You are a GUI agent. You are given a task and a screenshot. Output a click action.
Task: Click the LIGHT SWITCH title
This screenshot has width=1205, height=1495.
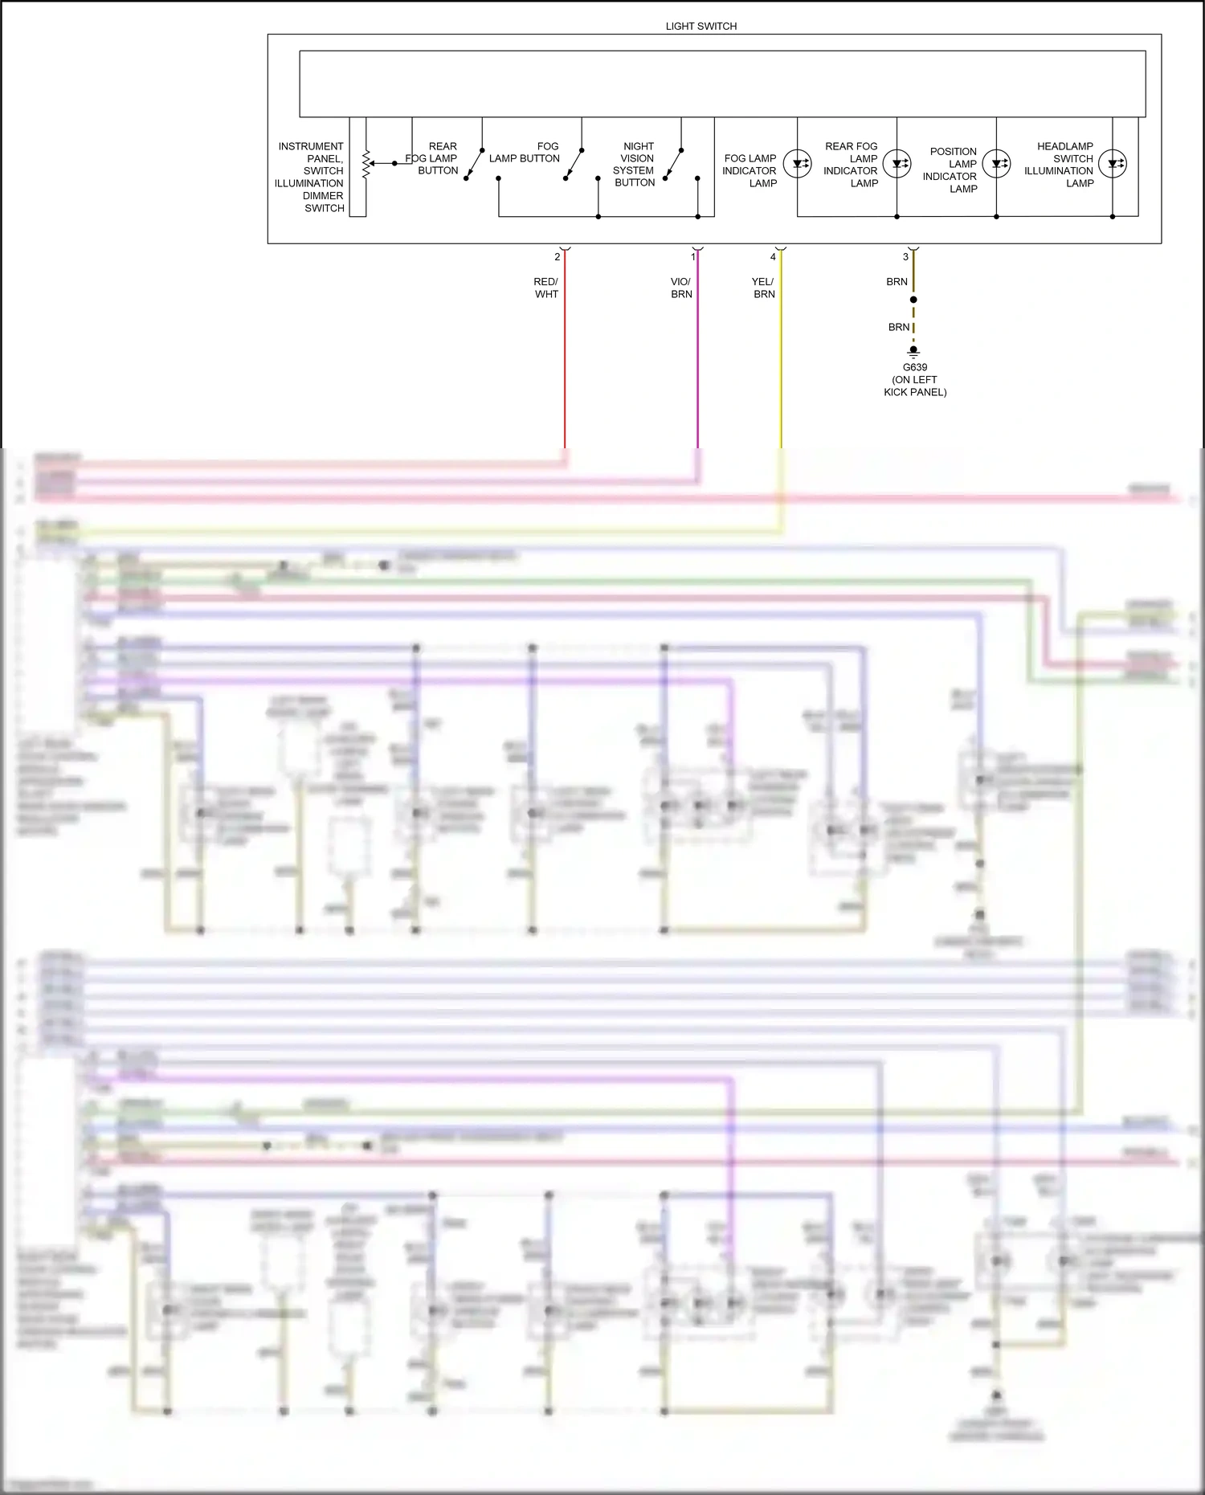pyautogui.click(x=701, y=27)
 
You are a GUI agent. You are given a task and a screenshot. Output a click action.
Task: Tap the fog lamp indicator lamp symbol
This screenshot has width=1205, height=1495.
pyautogui.click(x=797, y=164)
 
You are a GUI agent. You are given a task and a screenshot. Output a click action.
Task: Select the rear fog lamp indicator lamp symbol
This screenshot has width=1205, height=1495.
pyautogui.click(x=897, y=164)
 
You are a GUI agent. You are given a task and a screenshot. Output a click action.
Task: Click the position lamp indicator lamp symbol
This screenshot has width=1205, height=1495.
pyautogui.click(x=996, y=164)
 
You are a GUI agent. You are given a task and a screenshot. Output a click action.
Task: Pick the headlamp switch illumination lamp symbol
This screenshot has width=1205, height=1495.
pyautogui.click(x=1113, y=164)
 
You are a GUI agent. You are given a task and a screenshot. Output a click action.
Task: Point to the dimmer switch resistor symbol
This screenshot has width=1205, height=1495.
pyautogui.click(x=366, y=164)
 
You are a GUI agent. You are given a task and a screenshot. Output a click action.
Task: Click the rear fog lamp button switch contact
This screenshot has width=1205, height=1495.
pyautogui.click(x=474, y=164)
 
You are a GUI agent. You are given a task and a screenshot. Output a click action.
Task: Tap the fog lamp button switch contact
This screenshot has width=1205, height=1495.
pyautogui.click(x=574, y=164)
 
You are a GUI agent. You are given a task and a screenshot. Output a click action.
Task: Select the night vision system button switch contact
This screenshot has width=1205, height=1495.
pyautogui.click(x=673, y=164)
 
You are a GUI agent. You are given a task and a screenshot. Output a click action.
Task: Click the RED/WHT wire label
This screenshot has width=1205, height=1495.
pyautogui.click(x=546, y=288)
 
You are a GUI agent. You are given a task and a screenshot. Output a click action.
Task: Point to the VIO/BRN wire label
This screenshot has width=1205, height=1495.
pyautogui.click(x=681, y=288)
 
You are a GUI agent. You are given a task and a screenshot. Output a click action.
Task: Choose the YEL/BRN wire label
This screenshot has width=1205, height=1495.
pyautogui.click(x=763, y=288)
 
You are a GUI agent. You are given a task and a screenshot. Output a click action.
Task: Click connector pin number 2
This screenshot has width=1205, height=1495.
pyautogui.click(x=557, y=257)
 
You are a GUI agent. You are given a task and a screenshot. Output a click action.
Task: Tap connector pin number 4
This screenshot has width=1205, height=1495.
pyautogui.click(x=773, y=257)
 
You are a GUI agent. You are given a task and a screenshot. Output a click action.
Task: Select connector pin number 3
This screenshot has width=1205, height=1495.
pyautogui.click(x=905, y=257)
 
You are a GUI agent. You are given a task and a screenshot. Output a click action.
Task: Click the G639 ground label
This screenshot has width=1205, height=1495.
pyautogui.click(x=915, y=367)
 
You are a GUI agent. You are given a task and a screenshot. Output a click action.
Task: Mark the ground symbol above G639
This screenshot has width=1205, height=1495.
pyautogui.click(x=913, y=351)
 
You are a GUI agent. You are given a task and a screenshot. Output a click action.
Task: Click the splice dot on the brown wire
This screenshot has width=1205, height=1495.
pyautogui.click(x=913, y=300)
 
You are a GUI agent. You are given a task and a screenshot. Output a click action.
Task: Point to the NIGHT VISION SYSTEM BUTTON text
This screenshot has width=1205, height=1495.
pyautogui.click(x=635, y=165)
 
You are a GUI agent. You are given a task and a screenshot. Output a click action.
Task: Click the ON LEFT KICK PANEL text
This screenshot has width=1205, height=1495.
pyautogui.click(x=915, y=386)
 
